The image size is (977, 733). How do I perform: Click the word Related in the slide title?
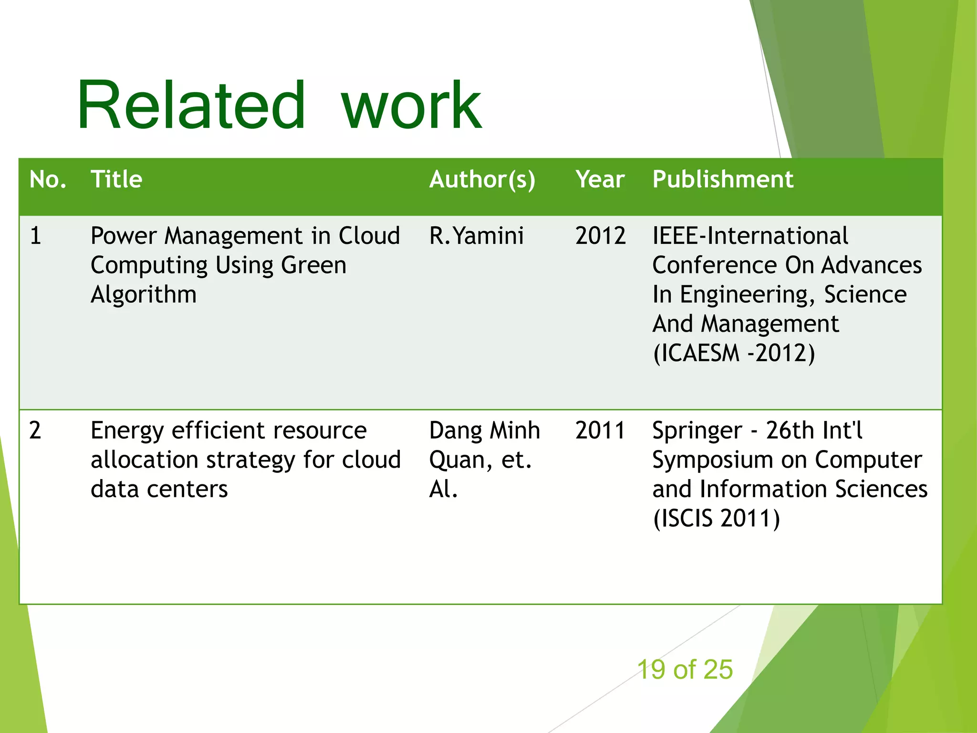tap(191, 106)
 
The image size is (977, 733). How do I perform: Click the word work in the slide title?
tap(411, 106)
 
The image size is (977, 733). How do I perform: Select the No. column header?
tap(47, 180)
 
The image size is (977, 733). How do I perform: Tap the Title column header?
tap(116, 180)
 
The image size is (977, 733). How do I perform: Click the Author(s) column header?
tap(482, 180)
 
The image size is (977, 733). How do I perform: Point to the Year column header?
tap(600, 180)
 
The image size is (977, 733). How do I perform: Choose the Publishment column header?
tap(722, 180)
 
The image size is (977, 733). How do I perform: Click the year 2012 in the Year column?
tap(600, 236)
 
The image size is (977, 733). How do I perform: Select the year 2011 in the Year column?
tap(600, 430)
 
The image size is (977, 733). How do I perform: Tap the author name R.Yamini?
tap(476, 236)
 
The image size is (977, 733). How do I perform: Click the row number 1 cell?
tap(36, 236)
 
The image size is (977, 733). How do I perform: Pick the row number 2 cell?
tap(35, 430)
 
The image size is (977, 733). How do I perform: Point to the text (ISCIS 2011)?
tap(716, 519)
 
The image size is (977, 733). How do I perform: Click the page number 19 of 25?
tap(685, 670)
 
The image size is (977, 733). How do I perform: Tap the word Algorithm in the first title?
tap(144, 295)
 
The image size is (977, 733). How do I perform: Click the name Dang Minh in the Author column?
tap(484, 430)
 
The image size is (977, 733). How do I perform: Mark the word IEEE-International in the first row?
tap(750, 236)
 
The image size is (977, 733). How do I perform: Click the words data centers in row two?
tap(159, 490)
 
